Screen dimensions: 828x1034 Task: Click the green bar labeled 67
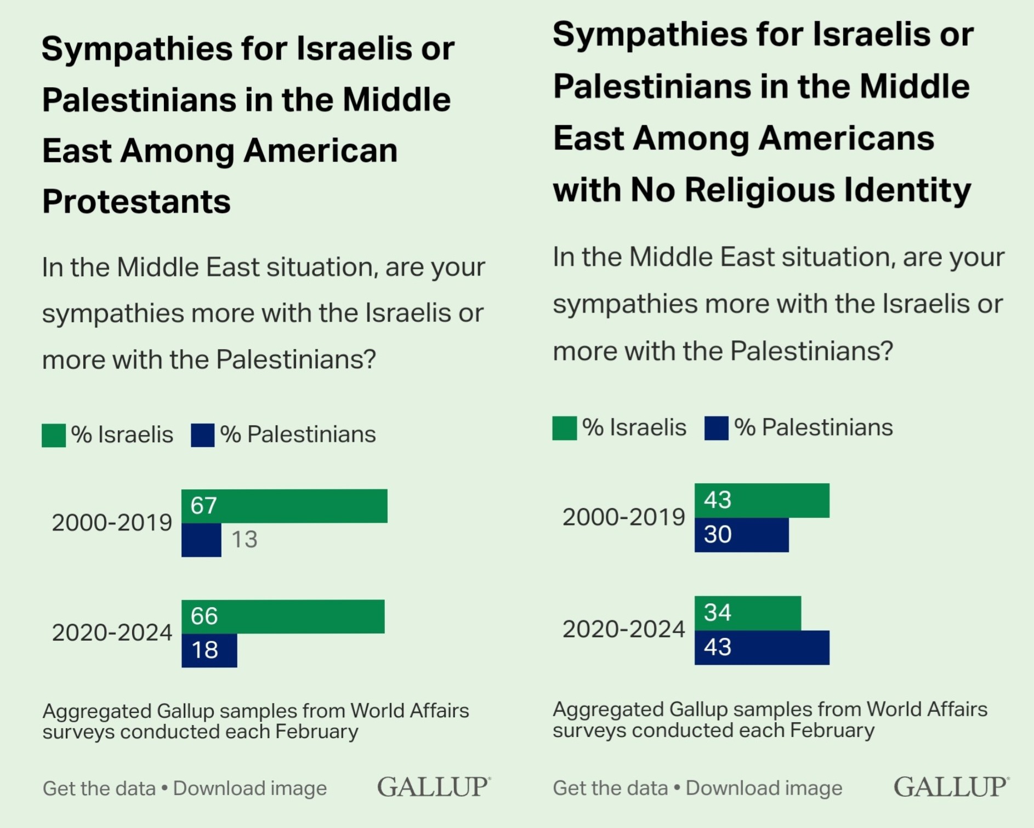click(x=284, y=506)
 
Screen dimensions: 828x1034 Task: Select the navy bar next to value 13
click(x=201, y=540)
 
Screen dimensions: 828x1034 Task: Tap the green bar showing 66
click(x=283, y=616)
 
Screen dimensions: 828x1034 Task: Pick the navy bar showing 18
click(x=209, y=650)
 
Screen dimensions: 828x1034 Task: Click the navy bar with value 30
click(x=741, y=535)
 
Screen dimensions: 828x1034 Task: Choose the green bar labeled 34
click(x=747, y=613)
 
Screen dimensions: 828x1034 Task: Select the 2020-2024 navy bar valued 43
click(x=762, y=648)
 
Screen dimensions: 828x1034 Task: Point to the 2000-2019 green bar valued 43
click(x=762, y=500)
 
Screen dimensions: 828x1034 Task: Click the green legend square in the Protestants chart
click(x=54, y=436)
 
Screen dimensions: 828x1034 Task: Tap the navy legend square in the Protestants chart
click(x=202, y=436)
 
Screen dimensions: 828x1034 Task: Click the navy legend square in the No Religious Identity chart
click(x=716, y=429)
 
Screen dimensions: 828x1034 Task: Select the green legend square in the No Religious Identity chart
click(x=564, y=429)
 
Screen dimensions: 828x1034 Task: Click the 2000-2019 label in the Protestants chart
click(x=112, y=523)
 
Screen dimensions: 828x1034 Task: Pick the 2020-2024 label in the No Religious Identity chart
click(x=623, y=630)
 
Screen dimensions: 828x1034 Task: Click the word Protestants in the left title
click(x=137, y=202)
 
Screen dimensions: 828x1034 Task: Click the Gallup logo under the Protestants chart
click(x=433, y=787)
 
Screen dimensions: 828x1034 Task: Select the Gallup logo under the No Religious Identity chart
click(x=950, y=787)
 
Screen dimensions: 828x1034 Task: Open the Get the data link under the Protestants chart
click(x=99, y=789)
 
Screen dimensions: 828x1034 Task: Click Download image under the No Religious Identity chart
click(x=764, y=788)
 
